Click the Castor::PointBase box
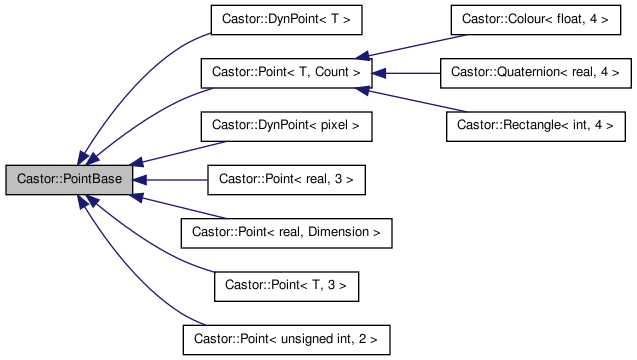tap(69, 180)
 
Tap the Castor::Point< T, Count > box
tap(286, 73)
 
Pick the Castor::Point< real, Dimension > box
tap(286, 233)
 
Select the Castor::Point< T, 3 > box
tap(286, 286)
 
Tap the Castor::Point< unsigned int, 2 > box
tap(286, 339)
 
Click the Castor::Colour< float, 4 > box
tap(529, 19)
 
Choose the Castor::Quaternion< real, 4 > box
tap(536, 73)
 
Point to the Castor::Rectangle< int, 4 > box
tap(529, 127)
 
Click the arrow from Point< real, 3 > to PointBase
tap(170, 180)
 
